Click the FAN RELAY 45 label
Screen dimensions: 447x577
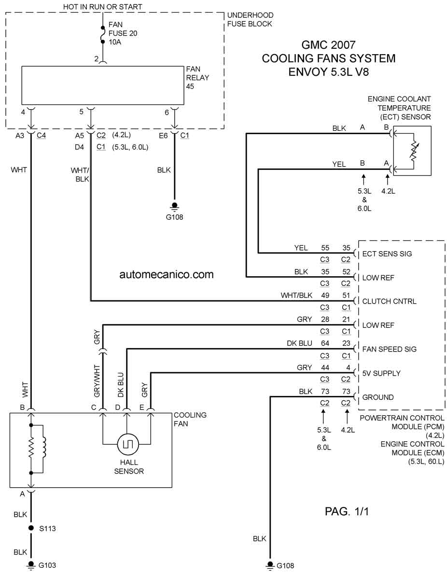point(197,78)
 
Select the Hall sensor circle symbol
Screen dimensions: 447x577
point(127,444)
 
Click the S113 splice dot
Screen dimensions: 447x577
point(31,528)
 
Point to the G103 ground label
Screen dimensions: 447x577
point(47,565)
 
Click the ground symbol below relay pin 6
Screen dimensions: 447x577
point(175,207)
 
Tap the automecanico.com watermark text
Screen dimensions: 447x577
point(166,275)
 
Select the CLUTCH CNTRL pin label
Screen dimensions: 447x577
point(389,301)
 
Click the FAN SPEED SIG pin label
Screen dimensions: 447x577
point(389,349)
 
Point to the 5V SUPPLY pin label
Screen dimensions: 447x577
point(381,373)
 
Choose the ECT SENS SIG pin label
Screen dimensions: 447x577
point(387,253)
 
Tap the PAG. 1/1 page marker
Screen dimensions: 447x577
point(347,511)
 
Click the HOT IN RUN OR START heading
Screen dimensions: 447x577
point(103,7)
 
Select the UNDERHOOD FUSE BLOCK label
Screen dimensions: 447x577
point(250,19)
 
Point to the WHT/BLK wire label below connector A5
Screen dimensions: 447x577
point(80,175)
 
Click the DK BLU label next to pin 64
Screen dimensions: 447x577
point(299,343)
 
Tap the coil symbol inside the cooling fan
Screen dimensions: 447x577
point(43,447)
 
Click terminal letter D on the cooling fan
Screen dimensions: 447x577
point(118,408)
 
